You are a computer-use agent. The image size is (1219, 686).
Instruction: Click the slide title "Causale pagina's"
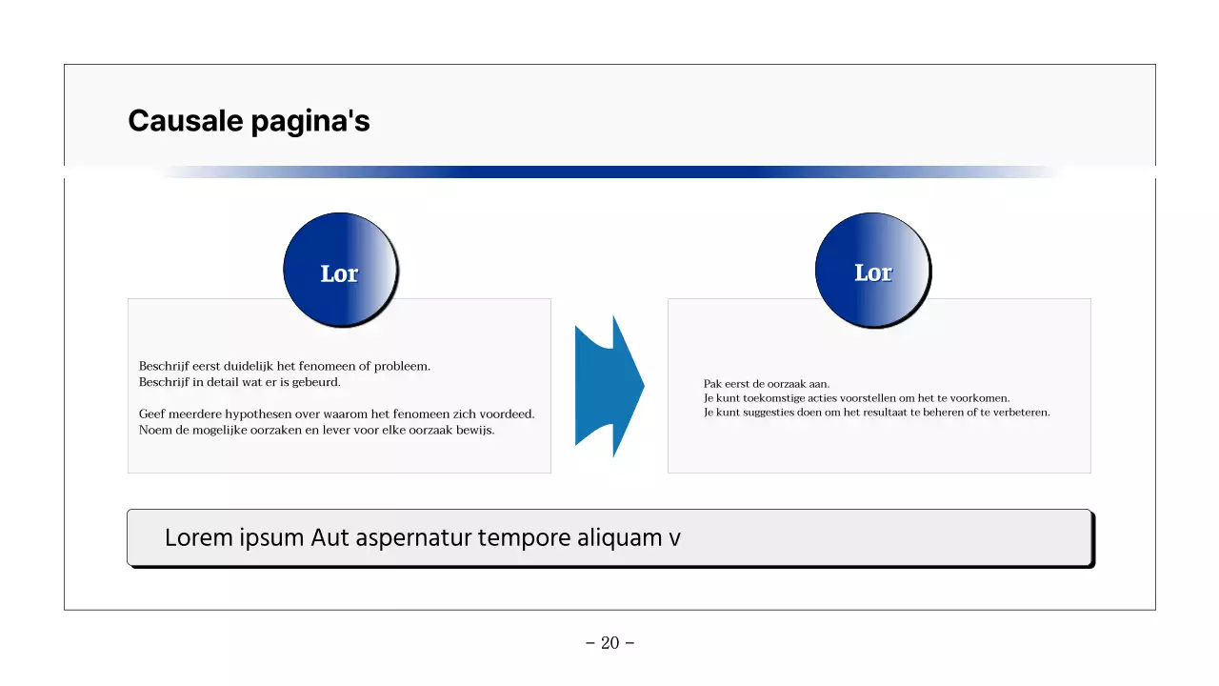click(249, 121)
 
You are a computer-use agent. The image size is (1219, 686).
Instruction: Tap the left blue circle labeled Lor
click(339, 270)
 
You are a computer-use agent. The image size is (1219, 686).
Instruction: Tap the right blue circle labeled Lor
click(872, 270)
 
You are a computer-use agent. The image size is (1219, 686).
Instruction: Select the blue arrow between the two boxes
click(609, 386)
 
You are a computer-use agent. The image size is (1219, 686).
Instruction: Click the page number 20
click(609, 643)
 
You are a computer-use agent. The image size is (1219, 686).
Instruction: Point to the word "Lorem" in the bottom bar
click(198, 537)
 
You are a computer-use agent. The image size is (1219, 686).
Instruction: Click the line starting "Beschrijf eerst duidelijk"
click(285, 366)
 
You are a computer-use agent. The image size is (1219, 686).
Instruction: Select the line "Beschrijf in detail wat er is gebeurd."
click(239, 382)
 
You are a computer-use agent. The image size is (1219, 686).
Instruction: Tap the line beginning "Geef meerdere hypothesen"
click(336, 414)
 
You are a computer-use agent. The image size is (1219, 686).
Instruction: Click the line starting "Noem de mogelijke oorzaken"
click(316, 430)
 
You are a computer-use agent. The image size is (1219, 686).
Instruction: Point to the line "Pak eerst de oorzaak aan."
click(767, 384)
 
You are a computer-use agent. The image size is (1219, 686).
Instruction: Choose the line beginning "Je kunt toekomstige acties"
click(856, 398)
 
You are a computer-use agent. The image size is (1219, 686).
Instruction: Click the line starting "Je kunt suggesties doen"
click(876, 413)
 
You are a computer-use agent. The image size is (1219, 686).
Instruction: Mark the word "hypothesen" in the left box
click(270, 414)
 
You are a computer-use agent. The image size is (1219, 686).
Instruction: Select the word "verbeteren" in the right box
click(1020, 413)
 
